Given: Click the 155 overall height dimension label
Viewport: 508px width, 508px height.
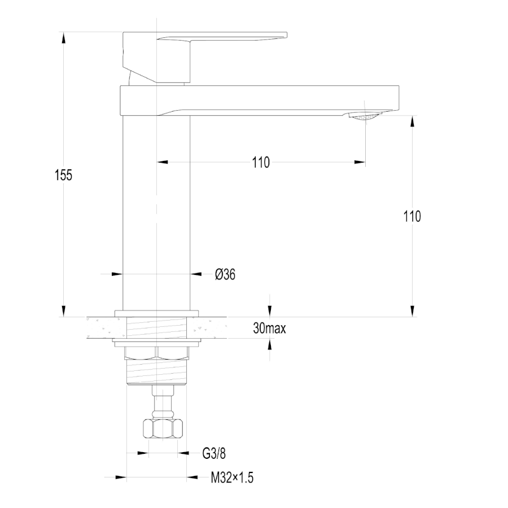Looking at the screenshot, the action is click(x=63, y=175).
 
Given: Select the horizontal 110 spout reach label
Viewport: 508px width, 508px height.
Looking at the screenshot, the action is click(x=261, y=163).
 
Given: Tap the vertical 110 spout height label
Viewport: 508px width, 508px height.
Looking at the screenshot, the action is click(x=412, y=216).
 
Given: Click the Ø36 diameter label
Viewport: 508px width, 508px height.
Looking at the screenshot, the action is click(x=225, y=274).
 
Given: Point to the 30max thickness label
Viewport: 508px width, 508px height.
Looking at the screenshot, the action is click(x=270, y=328).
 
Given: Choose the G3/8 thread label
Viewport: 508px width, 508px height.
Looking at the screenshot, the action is click(x=214, y=453).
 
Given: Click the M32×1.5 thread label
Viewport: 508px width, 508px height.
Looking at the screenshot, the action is click(x=232, y=478).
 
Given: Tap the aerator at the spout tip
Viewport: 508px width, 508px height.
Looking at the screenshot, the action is click(x=365, y=116).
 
